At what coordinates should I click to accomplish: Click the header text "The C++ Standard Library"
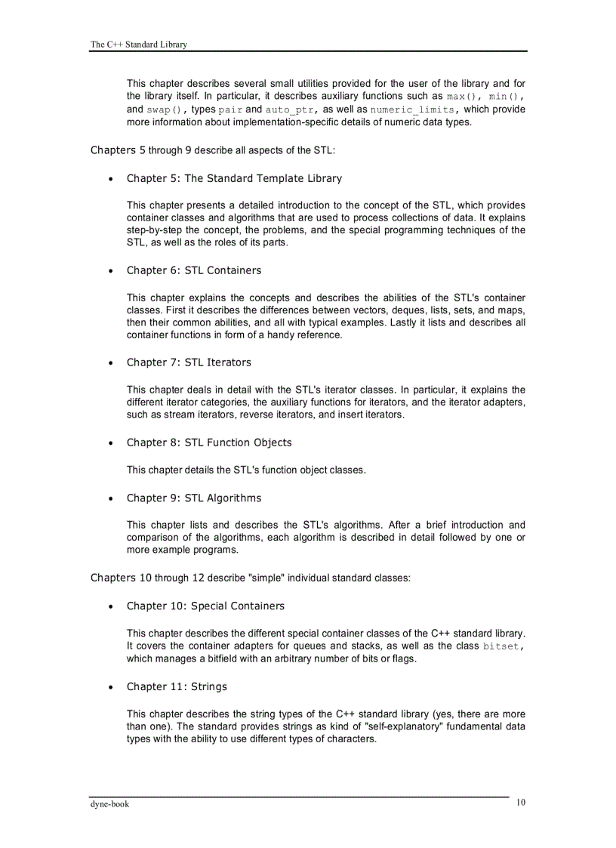(x=138, y=45)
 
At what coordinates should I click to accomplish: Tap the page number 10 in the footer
(x=521, y=803)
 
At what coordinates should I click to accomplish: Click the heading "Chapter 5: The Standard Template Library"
(x=234, y=178)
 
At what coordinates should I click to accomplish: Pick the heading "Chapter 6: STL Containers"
(x=194, y=270)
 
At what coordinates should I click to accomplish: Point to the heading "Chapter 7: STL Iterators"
(x=189, y=362)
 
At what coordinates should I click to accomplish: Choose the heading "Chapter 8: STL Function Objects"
(x=209, y=443)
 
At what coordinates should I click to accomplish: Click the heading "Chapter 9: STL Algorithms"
(x=194, y=498)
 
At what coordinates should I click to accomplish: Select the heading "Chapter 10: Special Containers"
(x=205, y=606)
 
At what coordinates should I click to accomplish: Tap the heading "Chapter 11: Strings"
(x=177, y=686)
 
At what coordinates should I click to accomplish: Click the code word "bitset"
(x=501, y=646)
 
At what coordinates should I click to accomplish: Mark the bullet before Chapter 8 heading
(x=111, y=443)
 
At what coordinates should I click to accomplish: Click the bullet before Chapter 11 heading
(x=111, y=687)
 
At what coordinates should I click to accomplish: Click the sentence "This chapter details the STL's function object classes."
(x=246, y=470)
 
